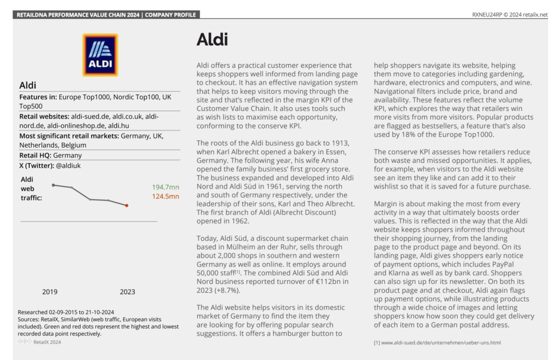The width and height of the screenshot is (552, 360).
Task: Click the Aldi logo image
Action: pos(100,55)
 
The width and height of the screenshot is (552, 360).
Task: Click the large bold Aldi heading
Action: pos(212,39)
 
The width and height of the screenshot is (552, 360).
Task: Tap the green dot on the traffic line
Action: pos(53,185)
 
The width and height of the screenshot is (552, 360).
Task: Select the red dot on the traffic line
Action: pos(127,205)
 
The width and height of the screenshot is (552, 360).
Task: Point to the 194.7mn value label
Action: pos(165,187)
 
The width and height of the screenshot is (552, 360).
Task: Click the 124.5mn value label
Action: pos(165,197)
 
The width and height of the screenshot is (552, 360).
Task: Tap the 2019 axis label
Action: pos(50,292)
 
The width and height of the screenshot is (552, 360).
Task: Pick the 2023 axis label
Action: pos(127,292)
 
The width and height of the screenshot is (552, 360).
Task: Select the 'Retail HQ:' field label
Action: pos(35,155)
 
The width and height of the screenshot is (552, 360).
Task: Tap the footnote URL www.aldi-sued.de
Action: pos(440,342)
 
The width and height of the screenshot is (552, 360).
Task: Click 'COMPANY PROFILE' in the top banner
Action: pos(172,15)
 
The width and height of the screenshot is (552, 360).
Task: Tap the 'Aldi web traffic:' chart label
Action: pos(31,188)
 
